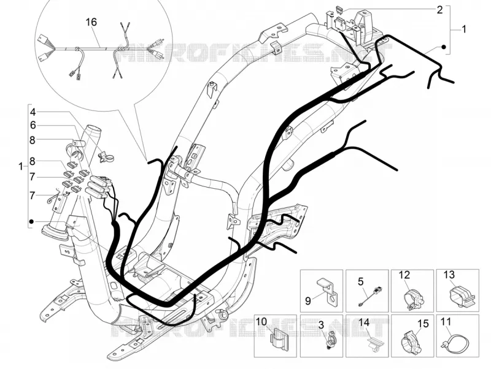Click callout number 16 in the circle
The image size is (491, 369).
click(x=91, y=22)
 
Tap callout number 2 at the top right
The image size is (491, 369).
click(x=439, y=10)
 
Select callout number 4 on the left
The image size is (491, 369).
click(x=34, y=112)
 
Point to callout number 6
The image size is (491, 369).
click(x=34, y=126)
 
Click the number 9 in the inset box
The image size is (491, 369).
click(x=308, y=301)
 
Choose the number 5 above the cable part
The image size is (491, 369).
click(x=361, y=282)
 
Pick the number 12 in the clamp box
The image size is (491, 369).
click(x=404, y=275)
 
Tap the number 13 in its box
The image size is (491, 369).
click(x=449, y=275)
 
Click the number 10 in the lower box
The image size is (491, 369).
click(x=261, y=321)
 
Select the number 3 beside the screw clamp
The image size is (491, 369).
click(x=321, y=325)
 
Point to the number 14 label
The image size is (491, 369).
click(x=364, y=322)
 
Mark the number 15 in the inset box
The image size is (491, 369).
click(x=423, y=324)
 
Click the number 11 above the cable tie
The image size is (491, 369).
click(x=446, y=321)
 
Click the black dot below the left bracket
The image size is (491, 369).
click(x=31, y=222)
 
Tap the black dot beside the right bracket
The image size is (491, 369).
click(x=443, y=47)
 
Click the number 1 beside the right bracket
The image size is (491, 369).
click(x=464, y=29)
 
